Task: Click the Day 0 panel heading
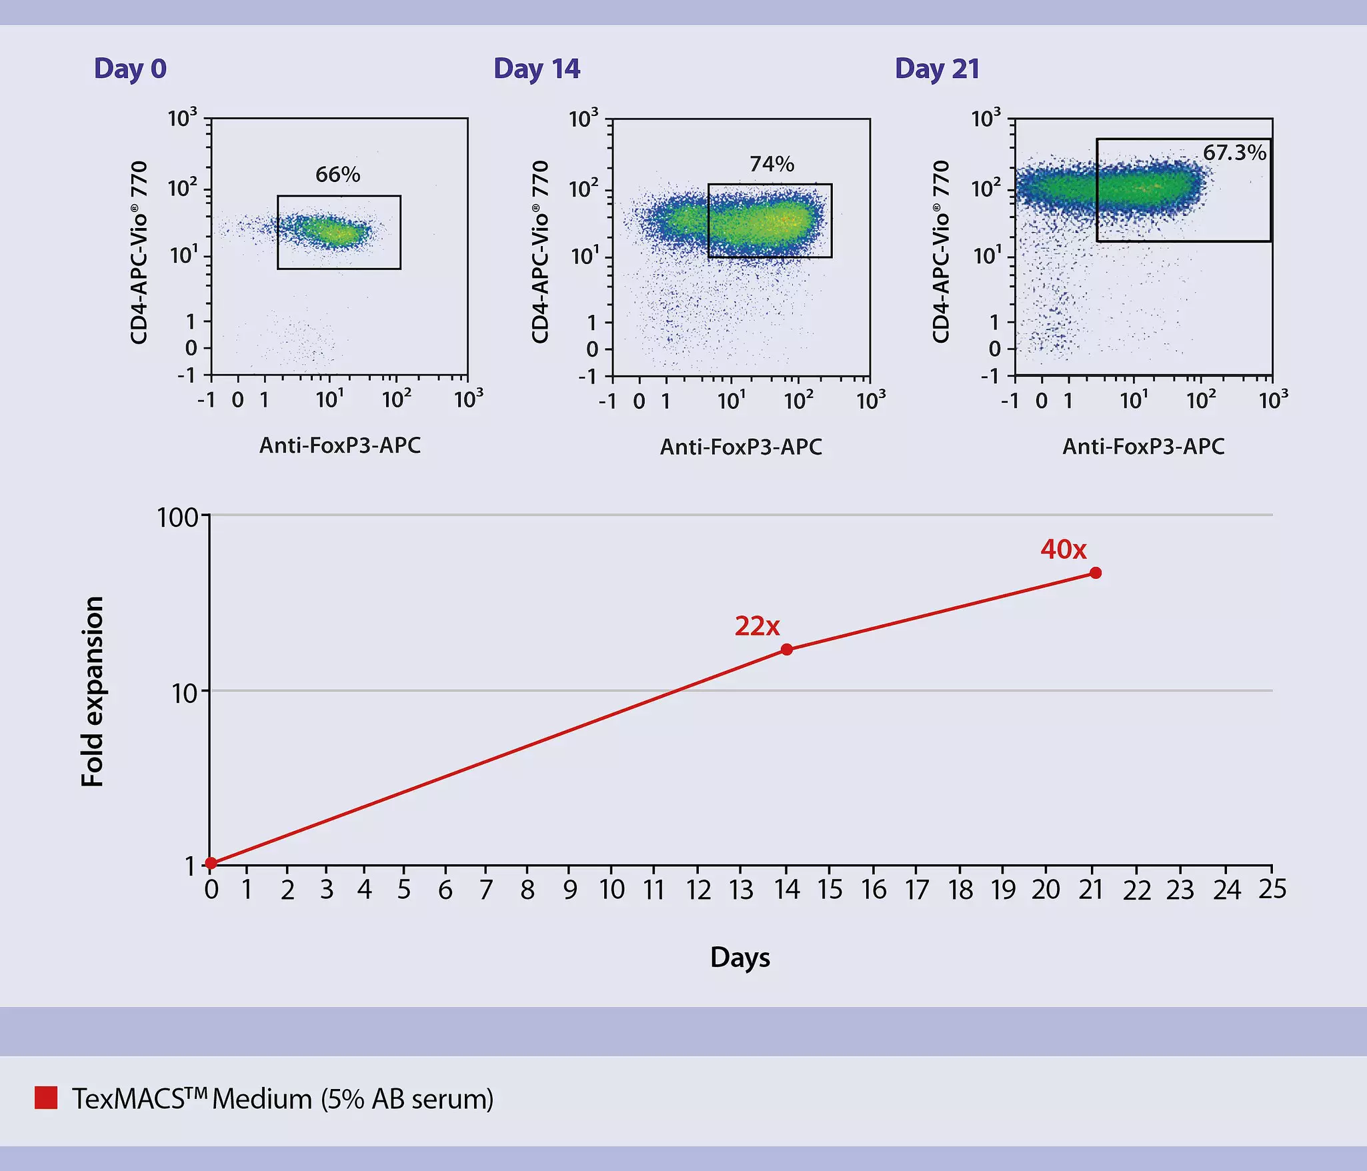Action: [130, 69]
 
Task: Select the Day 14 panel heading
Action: [537, 69]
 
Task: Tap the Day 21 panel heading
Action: [937, 69]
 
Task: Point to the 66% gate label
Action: [337, 175]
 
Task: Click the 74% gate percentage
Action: [772, 164]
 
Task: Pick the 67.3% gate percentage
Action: [1234, 153]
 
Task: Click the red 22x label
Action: [757, 626]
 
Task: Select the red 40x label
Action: [1064, 549]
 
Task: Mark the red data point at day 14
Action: [787, 650]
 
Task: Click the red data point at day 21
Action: [1096, 573]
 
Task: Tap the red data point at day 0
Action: [211, 863]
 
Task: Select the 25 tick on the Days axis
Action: [1272, 890]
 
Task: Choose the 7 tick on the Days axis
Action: [486, 890]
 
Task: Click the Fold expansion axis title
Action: [93, 691]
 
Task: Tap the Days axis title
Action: [740, 958]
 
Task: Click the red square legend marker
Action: [46, 1098]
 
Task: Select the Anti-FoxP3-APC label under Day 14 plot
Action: [741, 447]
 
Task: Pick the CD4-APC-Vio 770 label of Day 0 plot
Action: [139, 252]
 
